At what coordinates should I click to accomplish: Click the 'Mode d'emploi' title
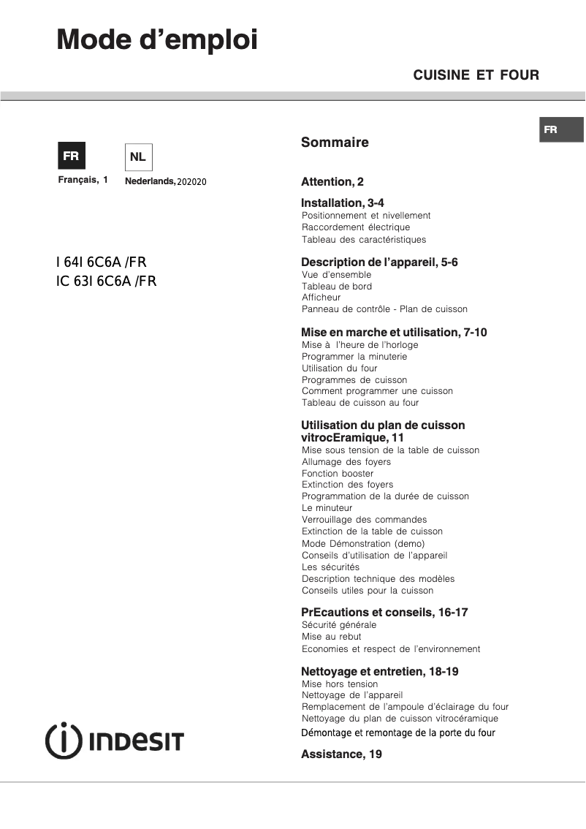(x=157, y=39)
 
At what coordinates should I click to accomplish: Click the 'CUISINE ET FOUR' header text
(x=476, y=75)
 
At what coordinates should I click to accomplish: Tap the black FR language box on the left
(x=71, y=156)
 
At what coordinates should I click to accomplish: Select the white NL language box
(x=138, y=156)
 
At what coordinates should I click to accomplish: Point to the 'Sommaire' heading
(x=335, y=143)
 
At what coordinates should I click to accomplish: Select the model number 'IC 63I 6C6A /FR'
(x=106, y=281)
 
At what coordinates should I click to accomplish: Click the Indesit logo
(x=115, y=741)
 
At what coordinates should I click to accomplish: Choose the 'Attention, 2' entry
(x=332, y=182)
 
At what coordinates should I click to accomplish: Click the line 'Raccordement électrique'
(x=356, y=227)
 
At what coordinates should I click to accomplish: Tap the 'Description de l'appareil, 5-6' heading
(x=379, y=262)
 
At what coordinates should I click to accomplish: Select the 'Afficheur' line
(x=321, y=298)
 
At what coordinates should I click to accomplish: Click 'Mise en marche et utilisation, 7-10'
(x=394, y=333)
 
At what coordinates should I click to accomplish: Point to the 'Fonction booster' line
(x=338, y=474)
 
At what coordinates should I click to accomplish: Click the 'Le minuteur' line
(x=327, y=508)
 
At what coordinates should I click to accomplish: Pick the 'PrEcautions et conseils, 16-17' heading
(x=384, y=612)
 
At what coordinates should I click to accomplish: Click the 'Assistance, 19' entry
(x=341, y=754)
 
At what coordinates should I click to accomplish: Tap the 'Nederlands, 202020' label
(x=166, y=181)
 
